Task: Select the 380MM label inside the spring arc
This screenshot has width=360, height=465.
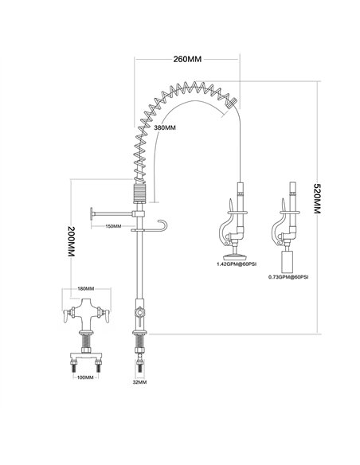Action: pos(165,127)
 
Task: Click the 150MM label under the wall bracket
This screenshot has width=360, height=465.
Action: pos(113,226)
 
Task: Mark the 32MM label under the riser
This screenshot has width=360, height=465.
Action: pos(141,381)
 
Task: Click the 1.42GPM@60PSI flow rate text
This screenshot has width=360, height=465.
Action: pos(237,265)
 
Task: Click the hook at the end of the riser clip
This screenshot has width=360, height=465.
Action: pos(162,225)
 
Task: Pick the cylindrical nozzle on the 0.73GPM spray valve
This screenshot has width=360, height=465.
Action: pos(290,258)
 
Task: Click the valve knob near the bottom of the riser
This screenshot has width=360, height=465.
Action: pos(140,314)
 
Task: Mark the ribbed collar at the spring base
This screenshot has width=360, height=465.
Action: pos(140,193)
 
